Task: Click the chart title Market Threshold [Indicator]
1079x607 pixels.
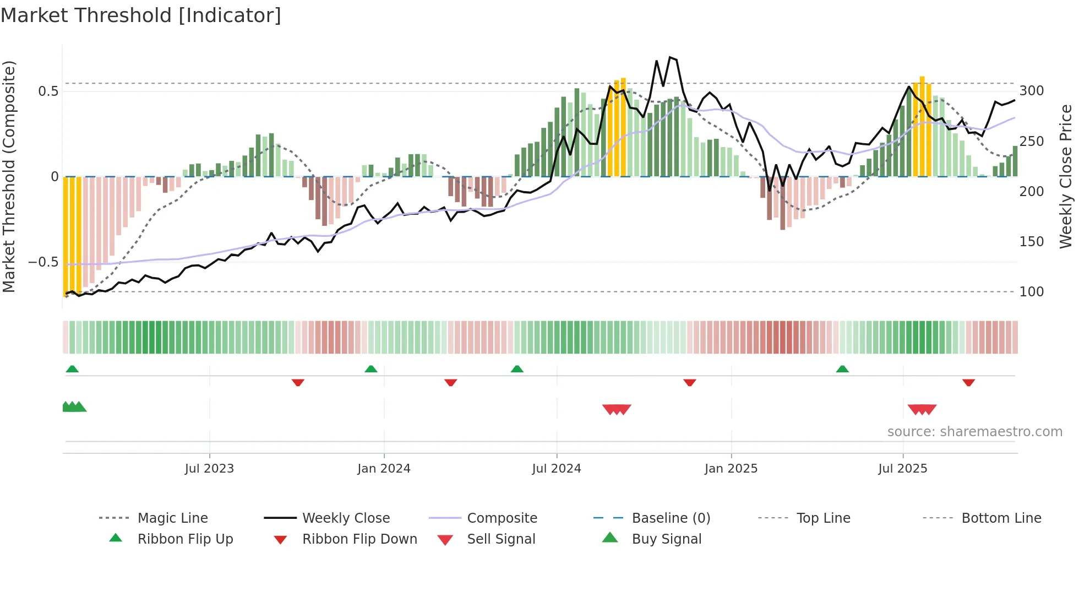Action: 141,15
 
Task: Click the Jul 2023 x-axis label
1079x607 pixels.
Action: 209,469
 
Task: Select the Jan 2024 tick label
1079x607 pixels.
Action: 384,469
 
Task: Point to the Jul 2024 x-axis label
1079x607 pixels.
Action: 557,469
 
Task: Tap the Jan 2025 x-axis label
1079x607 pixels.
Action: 731,469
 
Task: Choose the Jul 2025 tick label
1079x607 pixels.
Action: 903,469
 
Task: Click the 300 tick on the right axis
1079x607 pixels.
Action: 1032,91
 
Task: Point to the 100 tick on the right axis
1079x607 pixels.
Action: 1032,292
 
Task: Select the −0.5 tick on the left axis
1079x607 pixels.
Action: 43,262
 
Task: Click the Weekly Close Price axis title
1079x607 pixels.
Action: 1066,176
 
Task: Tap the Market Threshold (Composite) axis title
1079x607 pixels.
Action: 9,176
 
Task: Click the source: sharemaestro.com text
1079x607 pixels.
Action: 974,432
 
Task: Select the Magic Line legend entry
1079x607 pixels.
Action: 172,518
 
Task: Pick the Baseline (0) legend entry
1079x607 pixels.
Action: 671,518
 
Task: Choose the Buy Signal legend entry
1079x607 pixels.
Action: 666,539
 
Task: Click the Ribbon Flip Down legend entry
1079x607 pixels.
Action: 359,539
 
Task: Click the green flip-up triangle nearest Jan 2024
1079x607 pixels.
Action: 371,369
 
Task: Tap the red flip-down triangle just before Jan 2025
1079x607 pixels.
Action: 690,382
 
